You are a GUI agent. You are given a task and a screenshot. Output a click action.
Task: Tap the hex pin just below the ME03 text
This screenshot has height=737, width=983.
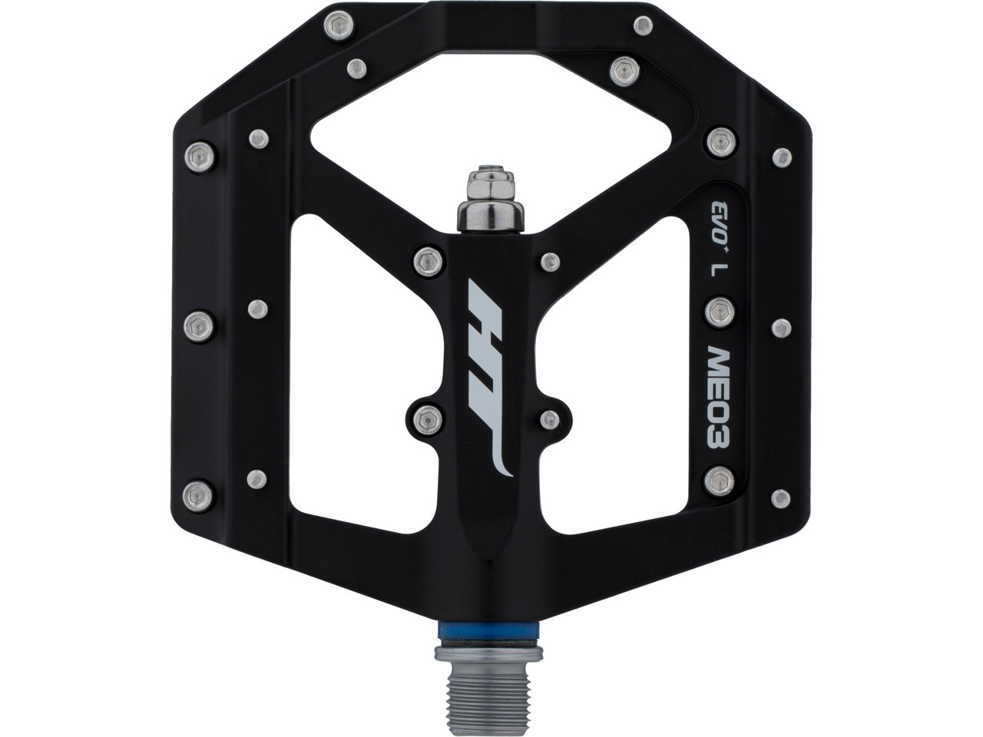click(718, 481)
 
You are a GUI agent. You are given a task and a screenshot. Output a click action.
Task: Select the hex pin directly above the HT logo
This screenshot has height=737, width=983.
click(428, 262)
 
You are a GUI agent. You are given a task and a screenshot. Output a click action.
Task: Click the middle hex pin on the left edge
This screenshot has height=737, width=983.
click(199, 325)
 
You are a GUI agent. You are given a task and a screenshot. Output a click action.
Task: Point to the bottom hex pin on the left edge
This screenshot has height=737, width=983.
click(199, 491)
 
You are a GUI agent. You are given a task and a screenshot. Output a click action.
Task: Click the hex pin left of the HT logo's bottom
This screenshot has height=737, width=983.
click(427, 419)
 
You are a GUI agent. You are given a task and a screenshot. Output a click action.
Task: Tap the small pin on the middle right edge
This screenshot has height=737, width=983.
click(781, 329)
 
